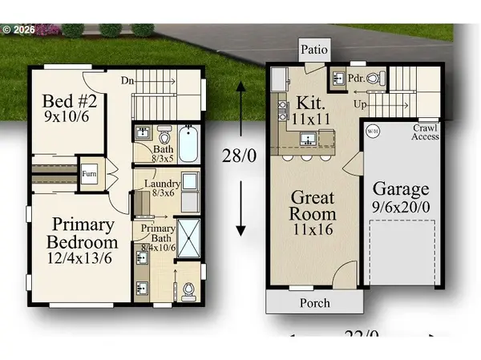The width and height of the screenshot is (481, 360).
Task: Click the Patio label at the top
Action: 313,49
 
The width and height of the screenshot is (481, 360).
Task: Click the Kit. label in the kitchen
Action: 309,103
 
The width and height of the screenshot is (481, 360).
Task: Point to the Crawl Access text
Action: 426,132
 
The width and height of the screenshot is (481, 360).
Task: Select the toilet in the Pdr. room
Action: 379,77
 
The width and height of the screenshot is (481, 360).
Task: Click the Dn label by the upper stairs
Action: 126,80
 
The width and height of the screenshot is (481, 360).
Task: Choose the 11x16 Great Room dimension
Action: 312,228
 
